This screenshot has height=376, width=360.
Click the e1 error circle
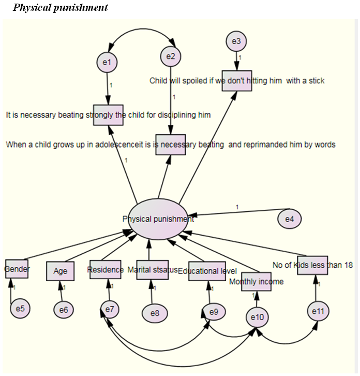click(x=107, y=62)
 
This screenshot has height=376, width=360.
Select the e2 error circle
click(x=170, y=56)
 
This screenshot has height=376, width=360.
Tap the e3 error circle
click(x=236, y=41)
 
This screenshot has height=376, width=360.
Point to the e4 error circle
click(x=290, y=219)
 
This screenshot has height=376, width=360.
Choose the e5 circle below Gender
click(x=20, y=309)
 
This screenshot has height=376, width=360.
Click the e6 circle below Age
click(x=64, y=310)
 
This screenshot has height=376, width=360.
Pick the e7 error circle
click(x=109, y=310)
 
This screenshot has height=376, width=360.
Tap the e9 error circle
click(x=213, y=312)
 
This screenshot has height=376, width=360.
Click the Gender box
click(x=17, y=269)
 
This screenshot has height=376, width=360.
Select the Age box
click(x=61, y=271)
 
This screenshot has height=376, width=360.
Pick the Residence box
click(x=105, y=270)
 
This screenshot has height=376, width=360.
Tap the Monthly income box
click(x=256, y=282)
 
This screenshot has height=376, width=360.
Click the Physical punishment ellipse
click(x=158, y=219)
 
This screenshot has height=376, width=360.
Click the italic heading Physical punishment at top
click(x=61, y=8)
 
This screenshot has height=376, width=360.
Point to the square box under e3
click(x=237, y=80)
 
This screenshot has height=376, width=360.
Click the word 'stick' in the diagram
click(x=314, y=80)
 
